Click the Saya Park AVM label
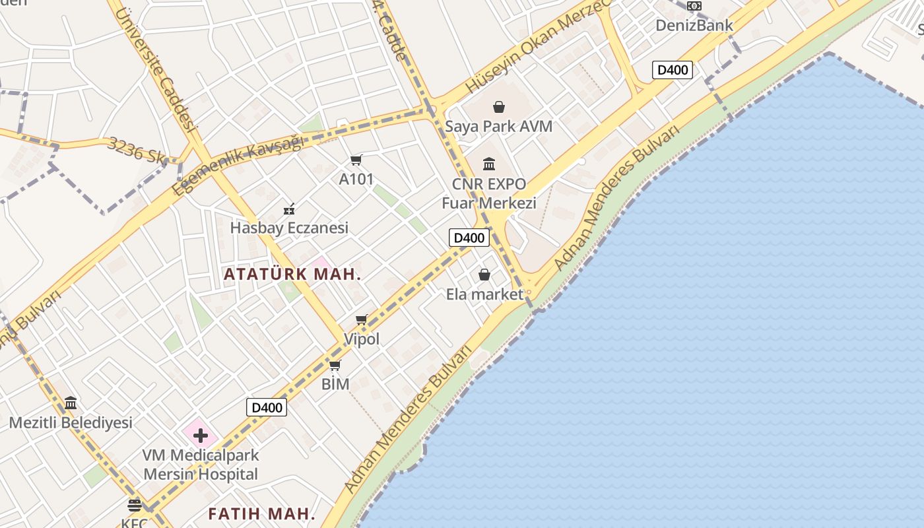pyautogui.click(x=498, y=126)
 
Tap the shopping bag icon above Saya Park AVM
pyautogui.click(x=499, y=107)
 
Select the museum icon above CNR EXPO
pyautogui.click(x=489, y=164)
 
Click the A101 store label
pyautogui.click(x=356, y=179)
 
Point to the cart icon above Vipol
pyautogui.click(x=361, y=320)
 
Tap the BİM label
pyautogui.click(x=335, y=383)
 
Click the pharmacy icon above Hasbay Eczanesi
pyautogui.click(x=289, y=210)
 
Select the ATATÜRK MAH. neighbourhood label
pyautogui.click(x=292, y=274)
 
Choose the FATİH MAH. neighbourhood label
pyautogui.click(x=261, y=513)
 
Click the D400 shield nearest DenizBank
pyautogui.click(x=672, y=70)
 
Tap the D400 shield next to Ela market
pyautogui.click(x=469, y=238)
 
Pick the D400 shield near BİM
pyautogui.click(x=267, y=407)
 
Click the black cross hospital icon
pyautogui.click(x=201, y=436)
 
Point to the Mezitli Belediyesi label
pyautogui.click(x=71, y=422)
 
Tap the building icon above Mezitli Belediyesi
pyautogui.click(x=71, y=403)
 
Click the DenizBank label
pyautogui.click(x=694, y=26)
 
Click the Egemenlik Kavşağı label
pyautogui.click(x=237, y=164)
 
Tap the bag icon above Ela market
pyautogui.click(x=484, y=275)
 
